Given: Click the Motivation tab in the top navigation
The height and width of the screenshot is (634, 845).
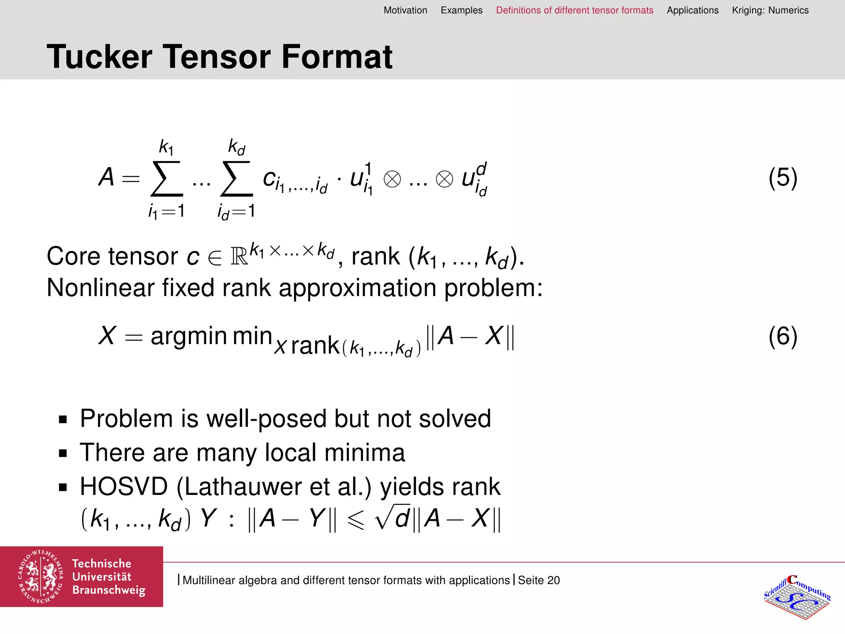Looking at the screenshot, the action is pyautogui.click(x=405, y=10).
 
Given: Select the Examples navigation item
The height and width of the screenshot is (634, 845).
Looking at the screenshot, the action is pyautogui.click(x=461, y=10).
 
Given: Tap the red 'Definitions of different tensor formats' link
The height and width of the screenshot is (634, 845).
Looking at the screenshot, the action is pyautogui.click(x=574, y=10).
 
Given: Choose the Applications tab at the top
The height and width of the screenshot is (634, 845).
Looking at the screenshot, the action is pyautogui.click(x=692, y=10).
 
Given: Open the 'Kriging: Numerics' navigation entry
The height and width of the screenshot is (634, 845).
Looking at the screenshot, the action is pyautogui.click(x=770, y=10).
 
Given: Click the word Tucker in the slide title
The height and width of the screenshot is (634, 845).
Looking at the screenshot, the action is pyautogui.click(x=99, y=57).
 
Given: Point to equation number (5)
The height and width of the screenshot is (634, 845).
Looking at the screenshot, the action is pyautogui.click(x=782, y=178).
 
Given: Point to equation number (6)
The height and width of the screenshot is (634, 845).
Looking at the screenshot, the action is pyautogui.click(x=782, y=336).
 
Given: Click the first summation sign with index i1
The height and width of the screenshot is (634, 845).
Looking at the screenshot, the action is pyautogui.click(x=166, y=179).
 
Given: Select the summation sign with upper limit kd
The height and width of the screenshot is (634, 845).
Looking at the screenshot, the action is pyautogui.click(x=236, y=179).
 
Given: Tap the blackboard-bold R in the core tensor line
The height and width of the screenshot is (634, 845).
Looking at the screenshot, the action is pyautogui.click(x=239, y=257).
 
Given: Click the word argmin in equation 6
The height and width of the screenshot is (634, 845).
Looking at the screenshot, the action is pyautogui.click(x=189, y=336).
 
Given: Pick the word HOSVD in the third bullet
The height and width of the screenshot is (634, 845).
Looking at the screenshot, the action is pyautogui.click(x=124, y=487).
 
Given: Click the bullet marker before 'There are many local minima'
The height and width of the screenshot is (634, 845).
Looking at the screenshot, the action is pyautogui.click(x=63, y=454).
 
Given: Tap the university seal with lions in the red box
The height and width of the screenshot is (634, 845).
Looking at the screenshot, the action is pyautogui.click(x=40, y=577).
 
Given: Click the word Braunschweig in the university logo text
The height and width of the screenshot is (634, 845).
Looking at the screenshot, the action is pyautogui.click(x=109, y=590).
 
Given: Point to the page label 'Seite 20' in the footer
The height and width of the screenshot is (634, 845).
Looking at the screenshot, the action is pyautogui.click(x=538, y=580).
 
